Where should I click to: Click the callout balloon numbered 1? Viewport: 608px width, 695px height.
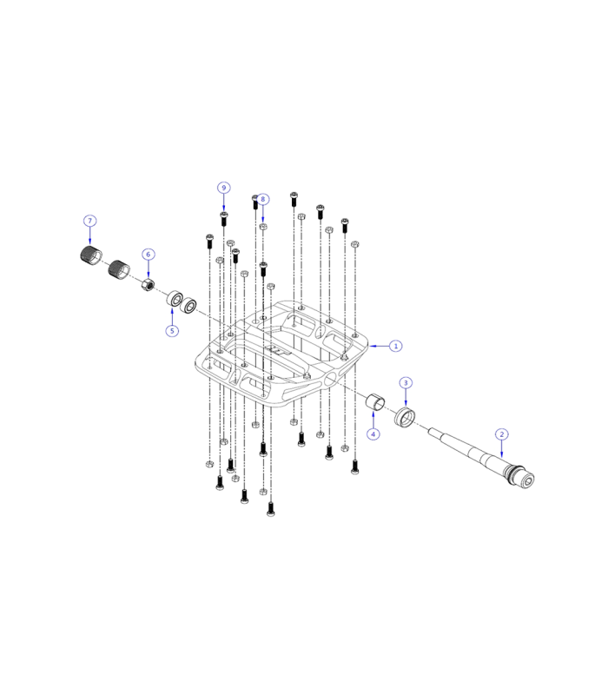[x=396, y=346]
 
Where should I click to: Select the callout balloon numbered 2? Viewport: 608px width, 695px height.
[x=502, y=434]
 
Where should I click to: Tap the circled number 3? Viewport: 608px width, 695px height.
[x=406, y=383]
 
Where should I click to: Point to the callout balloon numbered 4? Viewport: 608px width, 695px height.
[x=373, y=434]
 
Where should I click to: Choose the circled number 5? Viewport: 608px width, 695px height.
[x=172, y=331]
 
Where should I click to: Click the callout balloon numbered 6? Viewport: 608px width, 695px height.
[x=149, y=255]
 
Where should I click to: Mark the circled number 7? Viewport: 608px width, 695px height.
[x=90, y=221]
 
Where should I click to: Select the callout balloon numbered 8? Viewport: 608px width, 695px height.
[x=263, y=199]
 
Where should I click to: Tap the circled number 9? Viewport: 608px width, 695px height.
[x=223, y=188]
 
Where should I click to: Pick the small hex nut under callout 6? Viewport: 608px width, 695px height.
[x=149, y=285]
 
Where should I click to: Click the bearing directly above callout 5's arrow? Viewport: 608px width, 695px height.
[x=174, y=300]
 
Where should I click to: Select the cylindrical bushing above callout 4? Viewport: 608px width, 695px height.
[x=375, y=402]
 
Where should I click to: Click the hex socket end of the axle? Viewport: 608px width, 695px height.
[x=527, y=479]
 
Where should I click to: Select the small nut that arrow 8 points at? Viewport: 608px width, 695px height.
[x=263, y=227]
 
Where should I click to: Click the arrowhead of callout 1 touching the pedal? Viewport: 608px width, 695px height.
[x=372, y=346]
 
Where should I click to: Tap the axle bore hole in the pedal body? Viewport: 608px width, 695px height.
[x=331, y=378]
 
